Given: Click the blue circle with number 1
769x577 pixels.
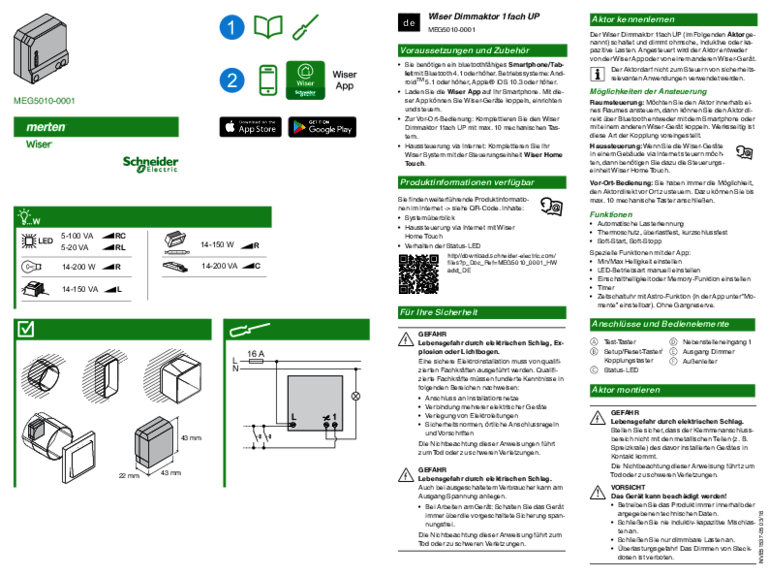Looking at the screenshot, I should (231, 28).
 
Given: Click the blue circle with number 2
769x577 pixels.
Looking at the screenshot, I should (231, 80).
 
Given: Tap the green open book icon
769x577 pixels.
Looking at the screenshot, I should (268, 27).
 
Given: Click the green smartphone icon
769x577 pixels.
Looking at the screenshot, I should (268, 80).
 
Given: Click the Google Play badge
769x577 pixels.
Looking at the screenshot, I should (322, 127).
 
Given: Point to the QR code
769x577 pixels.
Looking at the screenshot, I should (419, 274).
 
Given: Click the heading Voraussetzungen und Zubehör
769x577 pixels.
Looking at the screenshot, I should (483, 50).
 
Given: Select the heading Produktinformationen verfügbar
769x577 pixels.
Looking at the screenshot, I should (483, 183).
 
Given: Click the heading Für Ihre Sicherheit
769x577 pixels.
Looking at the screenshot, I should (483, 313).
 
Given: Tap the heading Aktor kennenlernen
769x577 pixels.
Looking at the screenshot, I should (673, 19).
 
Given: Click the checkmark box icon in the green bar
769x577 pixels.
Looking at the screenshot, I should (27, 329).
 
